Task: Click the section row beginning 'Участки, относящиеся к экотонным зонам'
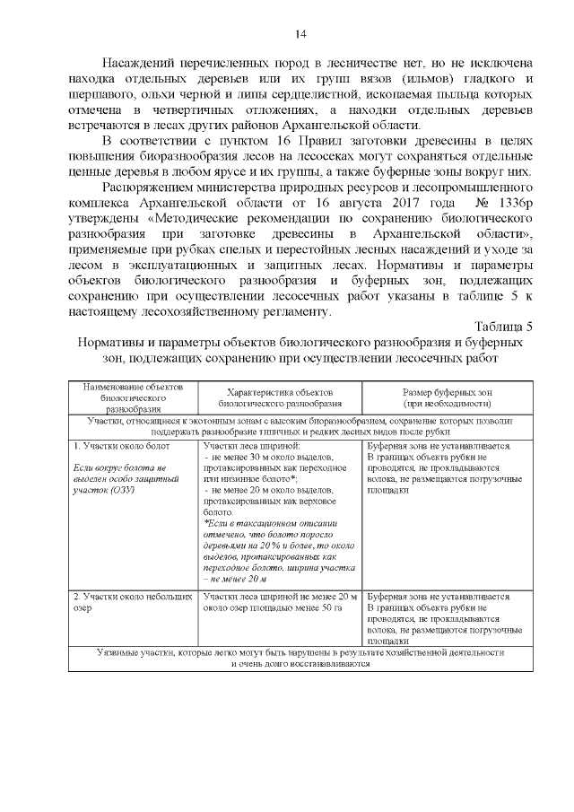(300, 425)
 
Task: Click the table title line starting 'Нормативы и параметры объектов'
(300, 343)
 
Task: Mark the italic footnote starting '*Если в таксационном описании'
(279, 551)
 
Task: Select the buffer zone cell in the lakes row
(445, 618)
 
